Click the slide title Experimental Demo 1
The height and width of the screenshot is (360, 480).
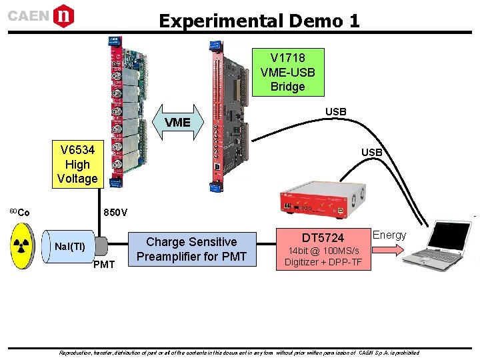coord(259,21)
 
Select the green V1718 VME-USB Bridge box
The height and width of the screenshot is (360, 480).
coord(287,72)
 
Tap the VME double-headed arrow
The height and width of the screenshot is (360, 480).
coord(177,123)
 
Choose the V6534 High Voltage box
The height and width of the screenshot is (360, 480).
coord(77,164)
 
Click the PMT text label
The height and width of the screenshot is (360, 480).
coord(103,265)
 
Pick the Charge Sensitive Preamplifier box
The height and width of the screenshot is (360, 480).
coord(191,249)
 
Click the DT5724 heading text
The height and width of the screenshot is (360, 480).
coord(323,238)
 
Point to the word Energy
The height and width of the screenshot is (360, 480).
coord(389,235)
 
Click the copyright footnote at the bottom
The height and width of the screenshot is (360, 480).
coord(239,352)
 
